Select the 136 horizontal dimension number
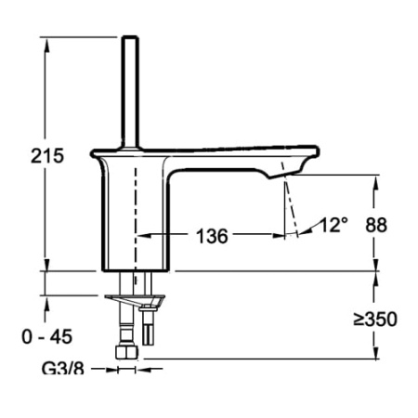coord(212,236)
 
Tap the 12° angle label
coord(333,224)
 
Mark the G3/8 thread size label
coord(61,370)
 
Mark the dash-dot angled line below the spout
coord(291,209)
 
